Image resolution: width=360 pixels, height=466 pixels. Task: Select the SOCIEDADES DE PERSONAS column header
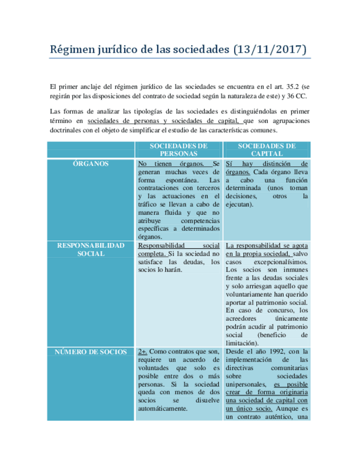pyautogui.click(x=178, y=150)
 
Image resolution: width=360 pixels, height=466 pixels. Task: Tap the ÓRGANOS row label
pyautogui.click(x=91, y=164)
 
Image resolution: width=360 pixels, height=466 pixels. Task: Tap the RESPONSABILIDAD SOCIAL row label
pyautogui.click(x=91, y=249)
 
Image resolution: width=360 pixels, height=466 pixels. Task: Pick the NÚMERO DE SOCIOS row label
pyautogui.click(x=91, y=352)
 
